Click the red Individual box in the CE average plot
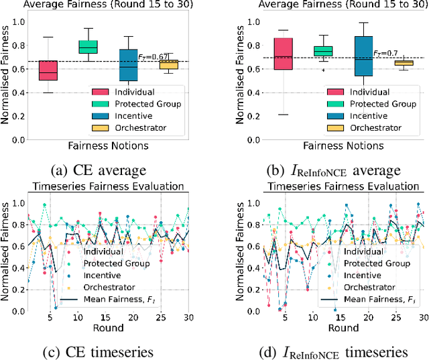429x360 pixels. pos(48,70)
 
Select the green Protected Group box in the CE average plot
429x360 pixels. pos(88,47)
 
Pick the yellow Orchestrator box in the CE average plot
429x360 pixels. pos(168,64)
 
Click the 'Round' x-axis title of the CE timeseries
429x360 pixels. pos(109,328)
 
